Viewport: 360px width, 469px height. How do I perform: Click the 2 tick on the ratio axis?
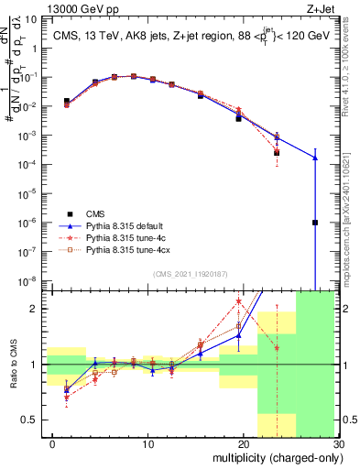click(34, 309)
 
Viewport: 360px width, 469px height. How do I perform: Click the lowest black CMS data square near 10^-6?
click(315, 223)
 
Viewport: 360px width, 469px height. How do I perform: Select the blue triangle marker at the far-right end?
click(315, 158)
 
